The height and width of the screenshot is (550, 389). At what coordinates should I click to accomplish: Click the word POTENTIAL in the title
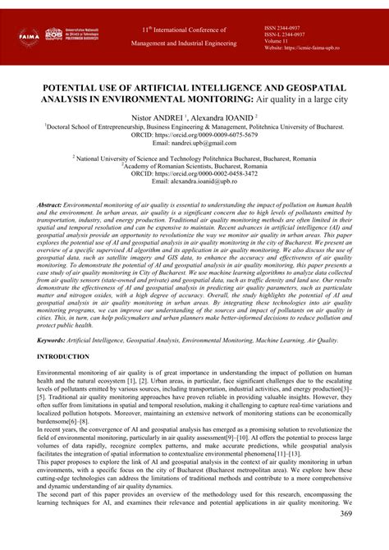coord(63,86)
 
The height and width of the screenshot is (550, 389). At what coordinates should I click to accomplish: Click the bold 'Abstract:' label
coord(55,202)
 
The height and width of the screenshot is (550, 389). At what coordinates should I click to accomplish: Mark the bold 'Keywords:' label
coord(57,338)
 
